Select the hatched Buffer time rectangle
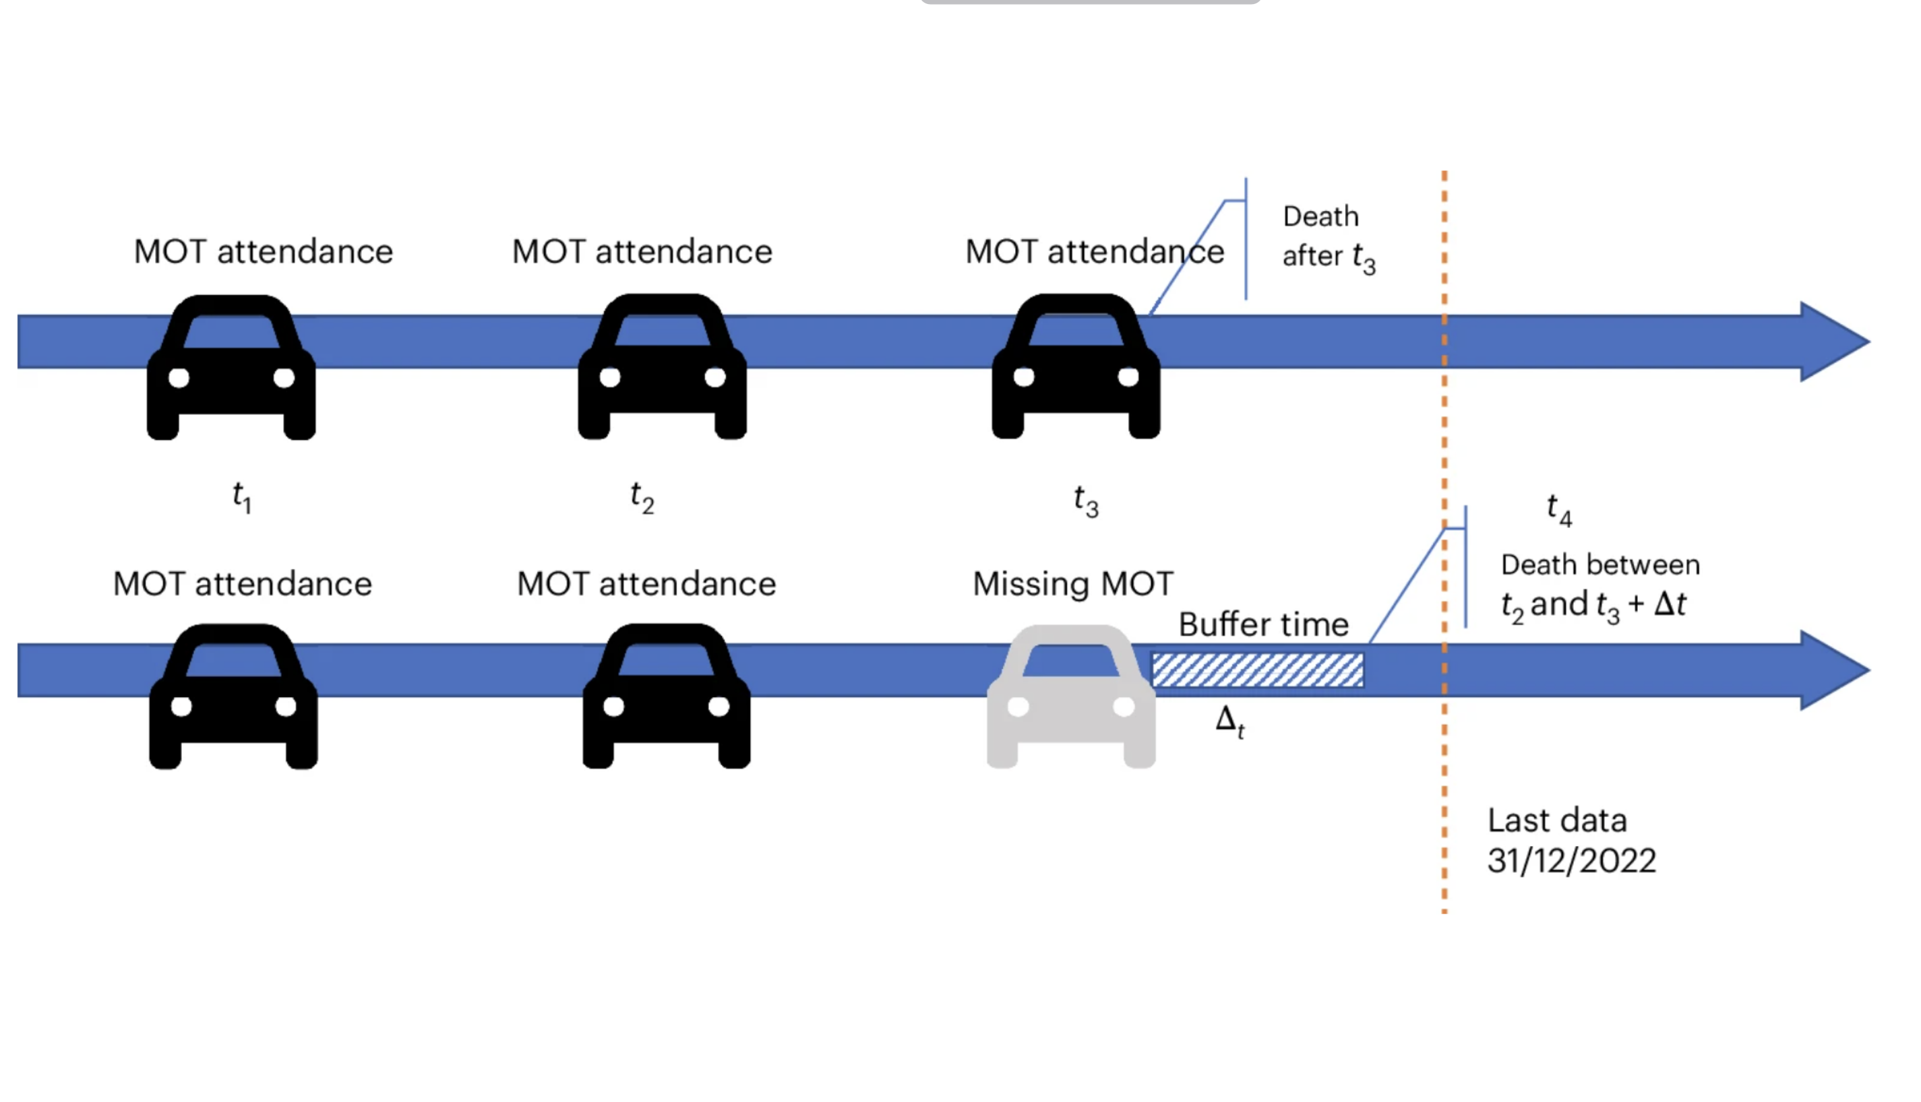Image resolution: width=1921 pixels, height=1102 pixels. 1257,670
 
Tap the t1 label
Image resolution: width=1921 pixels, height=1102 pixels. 241,498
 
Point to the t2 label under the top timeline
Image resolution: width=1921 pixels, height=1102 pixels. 642,498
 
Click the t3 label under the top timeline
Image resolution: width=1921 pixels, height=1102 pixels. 1086,501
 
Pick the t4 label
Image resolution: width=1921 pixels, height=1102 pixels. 1559,509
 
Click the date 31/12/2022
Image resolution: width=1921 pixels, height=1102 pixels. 1571,861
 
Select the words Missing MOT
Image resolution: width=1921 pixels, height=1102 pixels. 1072,584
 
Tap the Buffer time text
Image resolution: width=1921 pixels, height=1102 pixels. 1263,625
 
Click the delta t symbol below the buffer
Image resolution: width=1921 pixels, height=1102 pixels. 1229,721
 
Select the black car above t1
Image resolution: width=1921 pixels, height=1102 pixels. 231,368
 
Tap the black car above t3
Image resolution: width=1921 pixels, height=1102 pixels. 1075,367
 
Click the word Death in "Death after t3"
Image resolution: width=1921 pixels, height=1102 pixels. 1320,217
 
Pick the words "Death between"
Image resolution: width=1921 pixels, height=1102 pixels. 1600,565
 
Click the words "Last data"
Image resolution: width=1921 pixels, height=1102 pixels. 1557,820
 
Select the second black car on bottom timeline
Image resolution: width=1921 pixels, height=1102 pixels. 667,696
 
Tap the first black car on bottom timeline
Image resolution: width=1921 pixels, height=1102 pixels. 233,696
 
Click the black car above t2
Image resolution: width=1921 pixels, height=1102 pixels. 662,367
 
